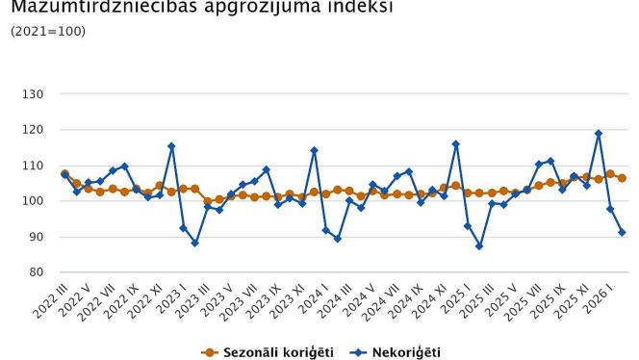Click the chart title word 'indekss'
tap(346, 9)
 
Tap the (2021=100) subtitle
tap(47, 32)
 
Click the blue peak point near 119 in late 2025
tap(599, 134)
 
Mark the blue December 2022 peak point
tap(171, 146)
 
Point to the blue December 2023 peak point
tap(314, 150)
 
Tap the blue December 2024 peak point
tap(456, 144)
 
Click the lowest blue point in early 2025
tap(479, 246)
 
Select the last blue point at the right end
tap(622, 232)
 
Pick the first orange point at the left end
tap(64, 174)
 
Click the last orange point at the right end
tap(622, 178)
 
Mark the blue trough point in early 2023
tap(195, 243)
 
